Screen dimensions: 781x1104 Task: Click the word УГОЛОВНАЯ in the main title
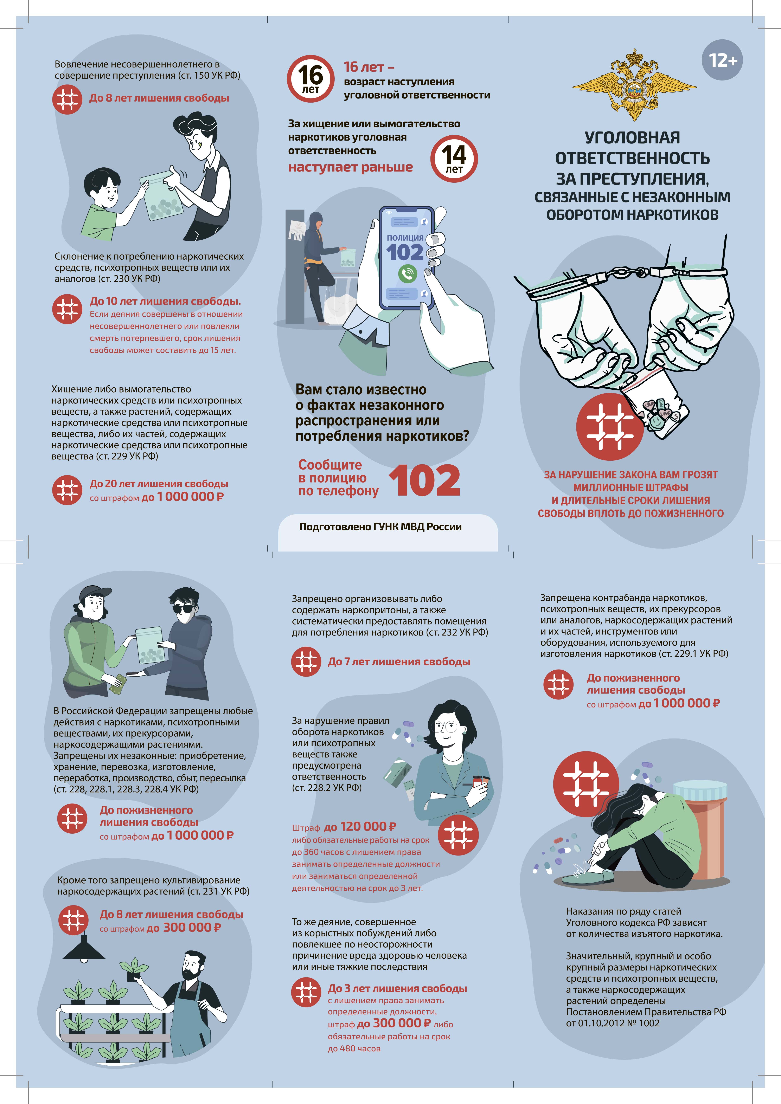pos(632,137)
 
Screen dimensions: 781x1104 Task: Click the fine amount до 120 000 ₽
pos(360,827)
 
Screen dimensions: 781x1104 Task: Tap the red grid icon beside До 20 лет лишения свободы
pos(67,490)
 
